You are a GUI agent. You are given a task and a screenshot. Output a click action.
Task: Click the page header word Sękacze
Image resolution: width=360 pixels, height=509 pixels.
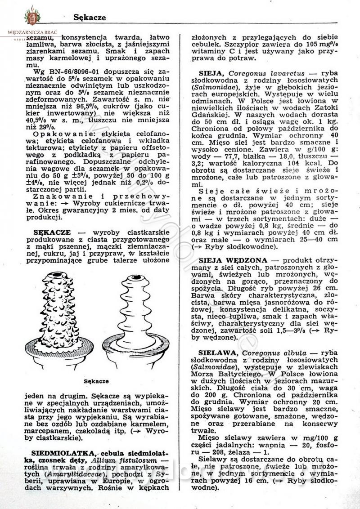(x=90, y=18)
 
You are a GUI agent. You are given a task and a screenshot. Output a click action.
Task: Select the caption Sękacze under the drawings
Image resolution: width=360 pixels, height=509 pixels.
(x=97, y=381)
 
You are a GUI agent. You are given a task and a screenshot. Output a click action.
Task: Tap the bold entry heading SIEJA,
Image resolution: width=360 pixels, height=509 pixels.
(x=211, y=73)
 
